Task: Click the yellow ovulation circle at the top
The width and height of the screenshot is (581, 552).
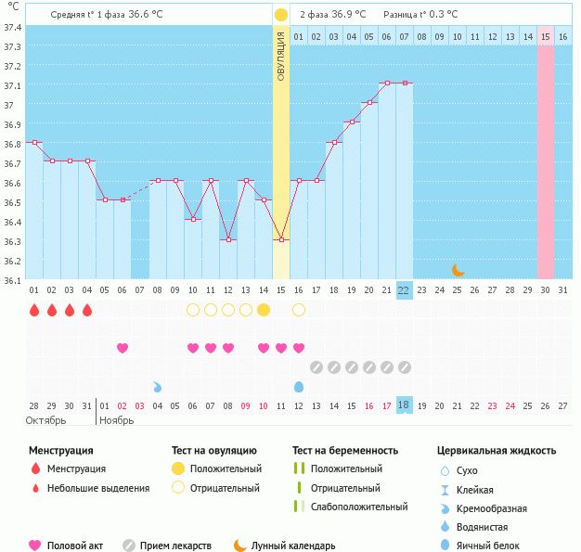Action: coord(281,15)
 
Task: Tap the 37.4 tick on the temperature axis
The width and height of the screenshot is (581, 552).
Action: coord(13,27)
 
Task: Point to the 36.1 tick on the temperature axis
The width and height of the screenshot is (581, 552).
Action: coord(13,278)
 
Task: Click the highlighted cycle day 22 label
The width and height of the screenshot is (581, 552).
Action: coord(404,290)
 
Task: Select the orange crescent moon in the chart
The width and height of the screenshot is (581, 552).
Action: coord(458,270)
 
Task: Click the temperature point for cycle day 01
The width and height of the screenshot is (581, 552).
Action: coord(34,142)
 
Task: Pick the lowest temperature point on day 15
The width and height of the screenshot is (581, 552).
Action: coord(281,239)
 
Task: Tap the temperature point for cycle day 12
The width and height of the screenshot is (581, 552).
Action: coord(228,239)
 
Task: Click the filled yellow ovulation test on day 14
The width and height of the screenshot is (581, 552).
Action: coord(264,310)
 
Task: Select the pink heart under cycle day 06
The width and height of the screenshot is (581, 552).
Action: coord(123,348)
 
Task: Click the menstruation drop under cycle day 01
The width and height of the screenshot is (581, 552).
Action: coord(34,310)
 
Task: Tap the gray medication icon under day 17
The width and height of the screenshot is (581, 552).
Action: coord(316,367)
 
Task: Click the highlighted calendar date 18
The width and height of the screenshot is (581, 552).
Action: coord(404,405)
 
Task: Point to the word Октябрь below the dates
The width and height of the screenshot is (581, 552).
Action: coord(46,420)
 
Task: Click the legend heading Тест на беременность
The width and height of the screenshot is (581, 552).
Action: coord(351,451)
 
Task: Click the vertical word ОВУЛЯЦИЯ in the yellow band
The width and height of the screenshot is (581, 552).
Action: coord(281,57)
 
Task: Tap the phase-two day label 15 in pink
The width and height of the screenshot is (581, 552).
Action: coord(546,36)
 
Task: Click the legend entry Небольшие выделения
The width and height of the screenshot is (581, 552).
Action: coord(98,488)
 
